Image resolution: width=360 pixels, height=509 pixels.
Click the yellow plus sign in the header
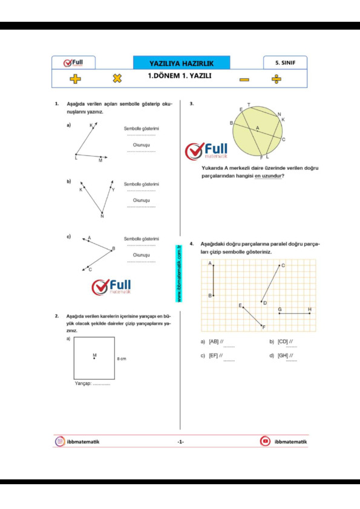(75, 79)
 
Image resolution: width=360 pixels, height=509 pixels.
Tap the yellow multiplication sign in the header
(117, 79)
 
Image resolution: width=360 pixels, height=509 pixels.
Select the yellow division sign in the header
(277, 79)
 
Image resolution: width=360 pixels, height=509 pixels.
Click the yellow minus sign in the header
(244, 79)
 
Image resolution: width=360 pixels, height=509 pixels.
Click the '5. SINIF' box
(285, 62)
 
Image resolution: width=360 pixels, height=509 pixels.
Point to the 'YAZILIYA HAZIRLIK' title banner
(182, 63)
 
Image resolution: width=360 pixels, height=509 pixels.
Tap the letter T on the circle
(249, 105)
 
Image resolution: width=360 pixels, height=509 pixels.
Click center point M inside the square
(94, 358)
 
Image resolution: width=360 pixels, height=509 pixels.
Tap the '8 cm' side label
(122, 358)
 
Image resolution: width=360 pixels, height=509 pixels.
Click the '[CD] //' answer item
(280, 342)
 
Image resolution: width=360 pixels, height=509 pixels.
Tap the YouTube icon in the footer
(265, 442)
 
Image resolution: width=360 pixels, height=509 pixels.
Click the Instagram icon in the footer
(60, 442)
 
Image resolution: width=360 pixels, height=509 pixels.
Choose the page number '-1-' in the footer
(180, 442)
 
